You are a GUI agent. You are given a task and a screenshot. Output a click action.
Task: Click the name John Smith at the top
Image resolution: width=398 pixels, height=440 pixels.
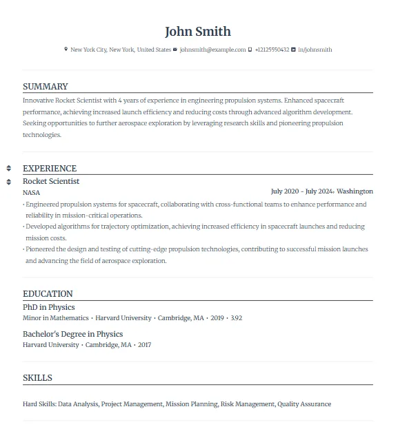tap(198, 32)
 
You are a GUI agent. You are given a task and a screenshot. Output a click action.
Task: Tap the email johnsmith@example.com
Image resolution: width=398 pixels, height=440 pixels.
tap(212, 50)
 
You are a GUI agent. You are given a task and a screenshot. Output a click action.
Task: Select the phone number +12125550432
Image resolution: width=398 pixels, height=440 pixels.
tap(272, 50)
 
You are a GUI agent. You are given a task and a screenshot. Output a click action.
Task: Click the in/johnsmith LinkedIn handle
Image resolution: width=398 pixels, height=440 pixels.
tap(315, 50)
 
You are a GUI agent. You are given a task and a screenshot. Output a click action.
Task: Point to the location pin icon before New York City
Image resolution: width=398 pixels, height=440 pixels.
tap(66, 50)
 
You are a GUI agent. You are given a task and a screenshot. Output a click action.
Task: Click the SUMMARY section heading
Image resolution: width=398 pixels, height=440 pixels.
tap(46, 87)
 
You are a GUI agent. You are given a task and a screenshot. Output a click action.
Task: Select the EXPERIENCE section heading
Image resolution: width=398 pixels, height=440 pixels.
tap(50, 169)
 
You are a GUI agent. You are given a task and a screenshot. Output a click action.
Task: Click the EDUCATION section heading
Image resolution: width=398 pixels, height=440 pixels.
tap(48, 294)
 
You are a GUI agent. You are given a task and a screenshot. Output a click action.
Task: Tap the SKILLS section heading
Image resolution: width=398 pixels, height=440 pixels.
tap(37, 378)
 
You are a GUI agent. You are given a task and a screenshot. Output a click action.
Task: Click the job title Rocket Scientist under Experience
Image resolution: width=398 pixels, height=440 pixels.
tap(51, 181)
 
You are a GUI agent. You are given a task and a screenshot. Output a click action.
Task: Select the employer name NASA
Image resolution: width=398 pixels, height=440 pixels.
tap(32, 193)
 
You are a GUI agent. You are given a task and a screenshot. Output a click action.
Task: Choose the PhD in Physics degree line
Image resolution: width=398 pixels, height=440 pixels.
tap(49, 307)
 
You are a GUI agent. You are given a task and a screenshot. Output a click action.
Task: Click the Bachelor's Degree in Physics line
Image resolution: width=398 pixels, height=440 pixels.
tap(72, 334)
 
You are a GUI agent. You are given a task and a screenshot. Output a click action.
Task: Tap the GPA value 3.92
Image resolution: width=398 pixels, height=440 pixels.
tap(236, 318)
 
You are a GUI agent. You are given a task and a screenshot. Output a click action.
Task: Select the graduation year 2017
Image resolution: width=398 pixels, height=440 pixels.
tap(144, 344)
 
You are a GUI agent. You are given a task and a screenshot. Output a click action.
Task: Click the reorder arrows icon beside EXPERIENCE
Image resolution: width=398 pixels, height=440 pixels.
tap(8, 169)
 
